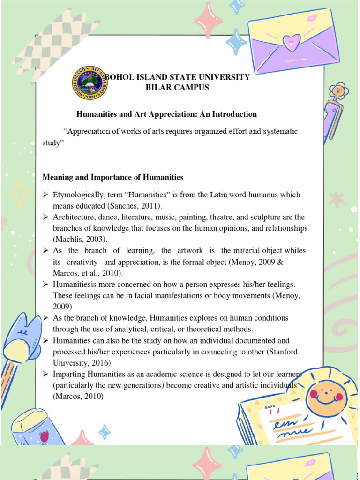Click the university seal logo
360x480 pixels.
[90, 82]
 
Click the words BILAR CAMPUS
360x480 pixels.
[178, 88]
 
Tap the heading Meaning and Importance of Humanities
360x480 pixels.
[112, 177]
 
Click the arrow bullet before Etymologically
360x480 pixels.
[46, 195]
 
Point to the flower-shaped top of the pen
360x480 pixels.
[338, 91]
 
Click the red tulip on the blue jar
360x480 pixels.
[44, 436]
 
